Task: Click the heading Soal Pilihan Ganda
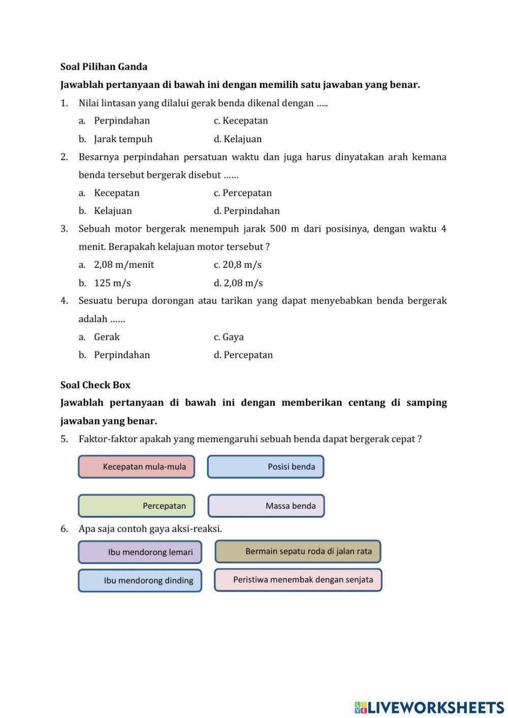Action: point(104,67)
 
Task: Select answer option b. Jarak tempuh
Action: point(122,139)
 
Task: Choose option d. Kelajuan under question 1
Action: point(238,139)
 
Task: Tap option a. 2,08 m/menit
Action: point(123,265)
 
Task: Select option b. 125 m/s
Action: point(112,283)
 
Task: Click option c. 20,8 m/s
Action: point(237,265)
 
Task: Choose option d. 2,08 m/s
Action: point(238,283)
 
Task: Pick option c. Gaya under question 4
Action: point(229,337)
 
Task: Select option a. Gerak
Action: point(106,337)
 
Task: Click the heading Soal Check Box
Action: point(95,385)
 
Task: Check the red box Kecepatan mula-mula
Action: point(137,466)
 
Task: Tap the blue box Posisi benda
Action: point(266,466)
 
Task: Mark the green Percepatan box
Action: point(137,506)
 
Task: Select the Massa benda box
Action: point(266,506)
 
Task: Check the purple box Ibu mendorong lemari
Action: point(140,552)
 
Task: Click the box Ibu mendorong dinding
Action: point(140,580)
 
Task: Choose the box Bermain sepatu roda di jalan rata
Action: point(298,551)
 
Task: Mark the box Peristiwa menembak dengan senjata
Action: point(298,580)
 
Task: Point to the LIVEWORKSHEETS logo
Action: point(429,707)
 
